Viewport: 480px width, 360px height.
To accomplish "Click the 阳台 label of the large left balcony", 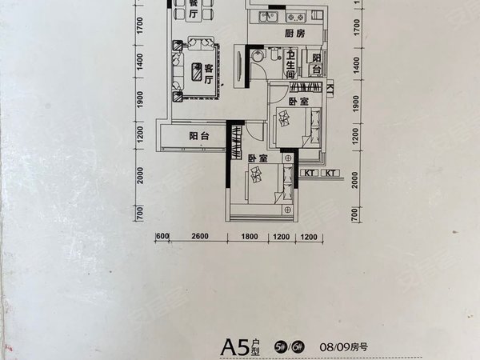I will [199, 136].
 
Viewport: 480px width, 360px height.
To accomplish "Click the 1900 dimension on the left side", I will [138, 100].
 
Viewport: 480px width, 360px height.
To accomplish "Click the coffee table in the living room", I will [196, 73].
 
